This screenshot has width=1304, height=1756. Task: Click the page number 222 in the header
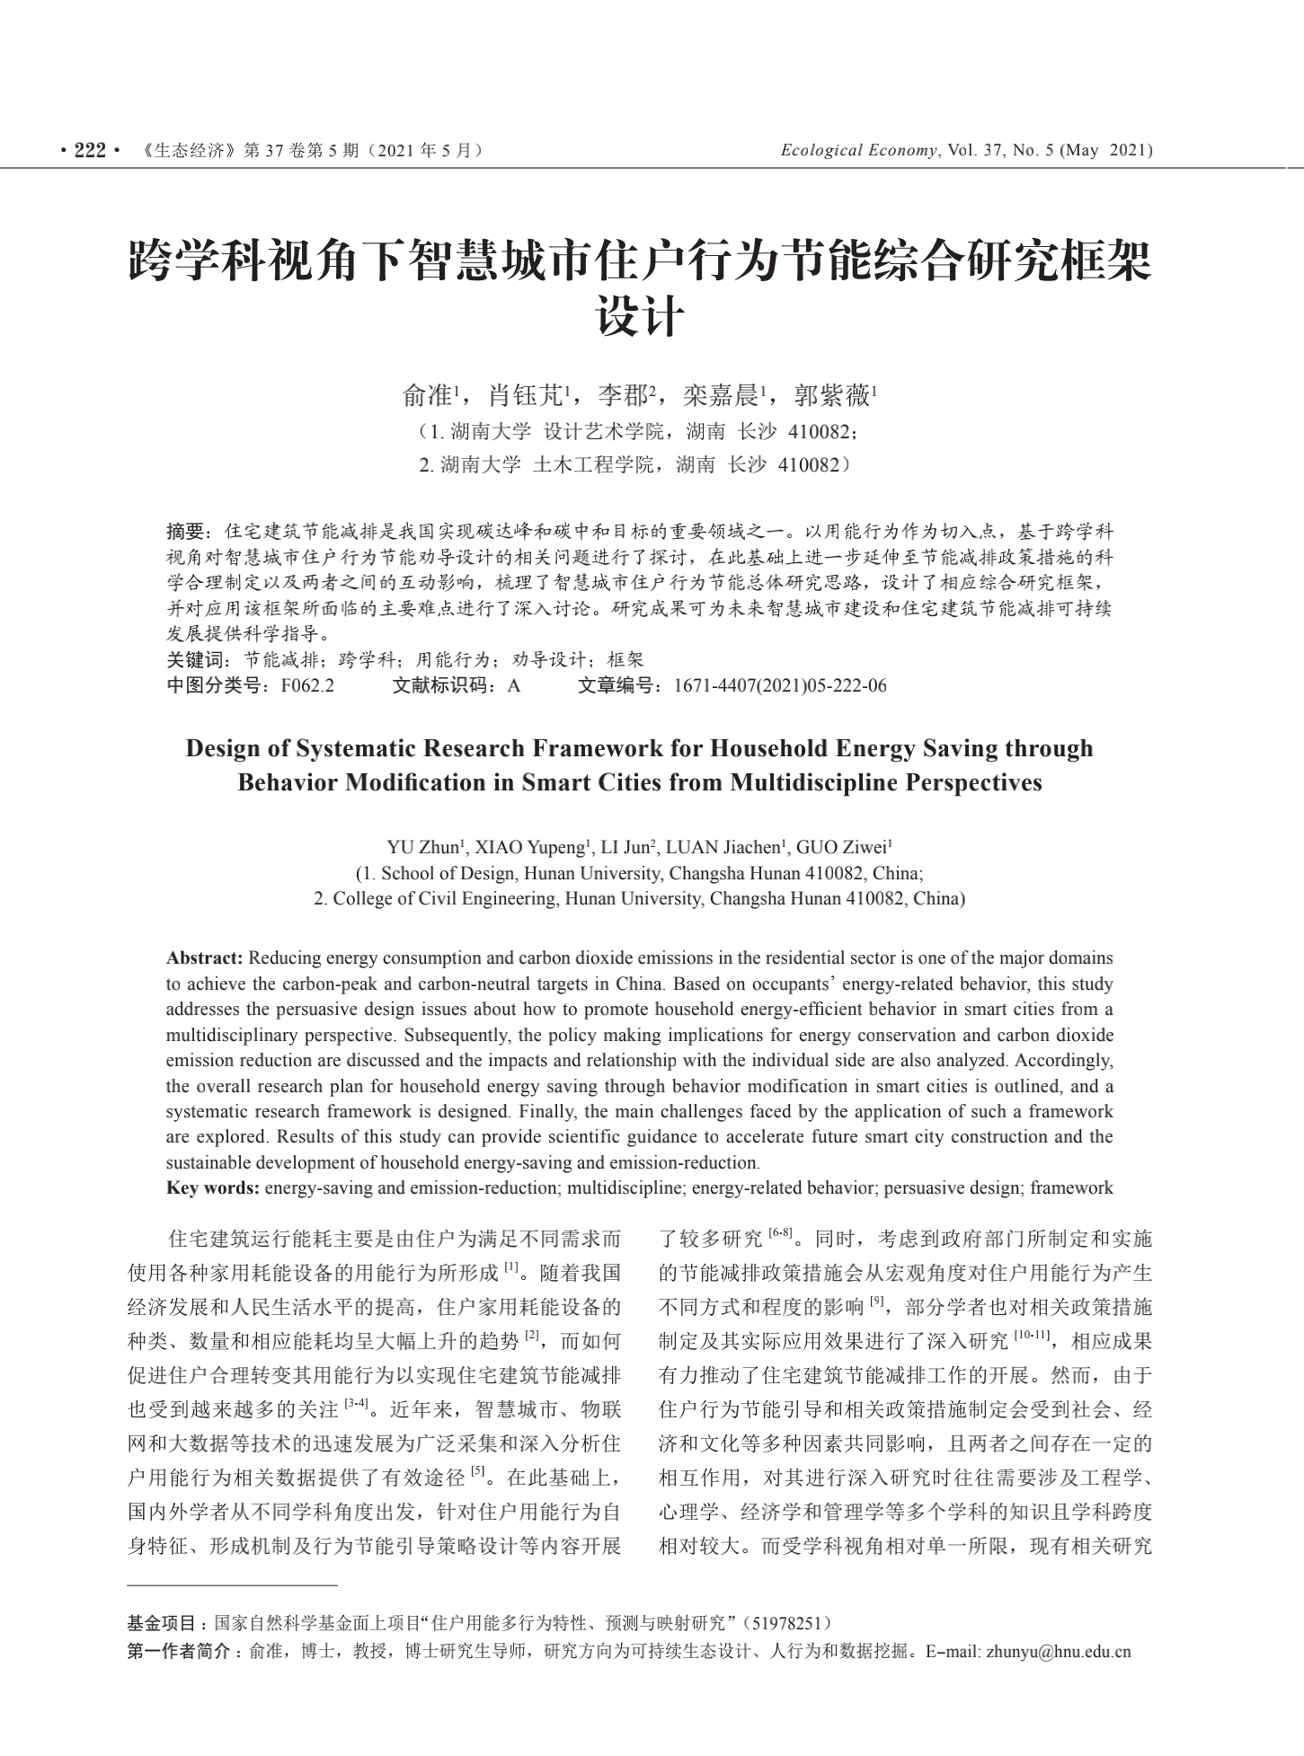tap(90, 151)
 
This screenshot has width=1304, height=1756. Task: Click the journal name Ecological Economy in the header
tap(858, 151)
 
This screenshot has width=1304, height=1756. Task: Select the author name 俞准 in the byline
tap(428, 394)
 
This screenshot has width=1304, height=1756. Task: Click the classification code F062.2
tap(307, 686)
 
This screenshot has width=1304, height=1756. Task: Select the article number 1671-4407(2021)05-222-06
tap(779, 686)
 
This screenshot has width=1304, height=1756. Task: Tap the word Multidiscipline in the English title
tap(813, 782)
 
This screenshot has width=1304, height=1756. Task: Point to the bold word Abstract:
tap(205, 957)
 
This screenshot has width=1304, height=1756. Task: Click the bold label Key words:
tap(213, 1188)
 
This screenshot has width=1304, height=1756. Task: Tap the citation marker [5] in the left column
tap(478, 1472)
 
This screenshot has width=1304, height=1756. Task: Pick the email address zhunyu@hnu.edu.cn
tap(1058, 1651)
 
